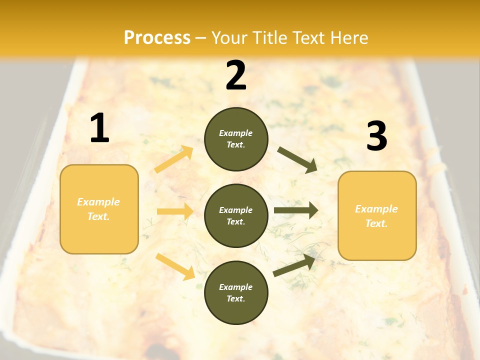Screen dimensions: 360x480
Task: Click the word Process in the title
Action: click(x=157, y=38)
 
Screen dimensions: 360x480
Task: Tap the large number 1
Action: click(x=99, y=128)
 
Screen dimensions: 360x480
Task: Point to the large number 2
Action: click(x=236, y=75)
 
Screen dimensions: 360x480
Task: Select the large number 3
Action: click(x=376, y=136)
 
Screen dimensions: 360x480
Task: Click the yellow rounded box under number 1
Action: click(x=99, y=235)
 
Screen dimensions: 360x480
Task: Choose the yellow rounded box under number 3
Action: click(x=377, y=242)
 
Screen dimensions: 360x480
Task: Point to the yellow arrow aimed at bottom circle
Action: click(x=175, y=266)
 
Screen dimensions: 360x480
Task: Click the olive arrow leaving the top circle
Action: click(x=297, y=159)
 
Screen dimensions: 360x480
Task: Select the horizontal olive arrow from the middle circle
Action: click(x=295, y=210)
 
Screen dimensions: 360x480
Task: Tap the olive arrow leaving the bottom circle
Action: click(x=294, y=265)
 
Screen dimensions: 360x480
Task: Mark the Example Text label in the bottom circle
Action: click(x=236, y=293)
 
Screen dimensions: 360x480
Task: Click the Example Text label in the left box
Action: click(x=99, y=209)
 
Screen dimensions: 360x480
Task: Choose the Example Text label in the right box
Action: click(x=377, y=216)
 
